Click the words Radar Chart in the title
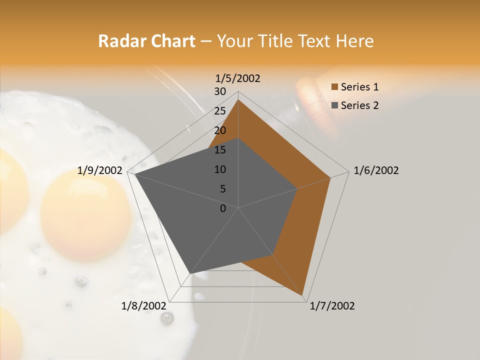(x=146, y=41)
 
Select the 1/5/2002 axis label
(x=238, y=78)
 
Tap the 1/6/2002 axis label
(x=376, y=170)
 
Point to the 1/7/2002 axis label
(x=332, y=306)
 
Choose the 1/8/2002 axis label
(x=144, y=306)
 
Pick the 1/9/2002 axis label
(x=100, y=170)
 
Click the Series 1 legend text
(x=359, y=87)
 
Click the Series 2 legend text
(x=359, y=105)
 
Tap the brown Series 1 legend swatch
(x=335, y=87)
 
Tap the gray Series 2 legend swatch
(x=335, y=105)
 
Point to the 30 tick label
(x=220, y=91)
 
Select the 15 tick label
(x=220, y=150)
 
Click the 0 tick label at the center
(x=223, y=208)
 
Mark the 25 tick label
(x=220, y=111)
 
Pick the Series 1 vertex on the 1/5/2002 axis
(x=238, y=99)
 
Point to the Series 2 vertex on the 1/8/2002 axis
(x=190, y=273)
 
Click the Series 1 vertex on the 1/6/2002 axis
(x=330, y=177)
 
